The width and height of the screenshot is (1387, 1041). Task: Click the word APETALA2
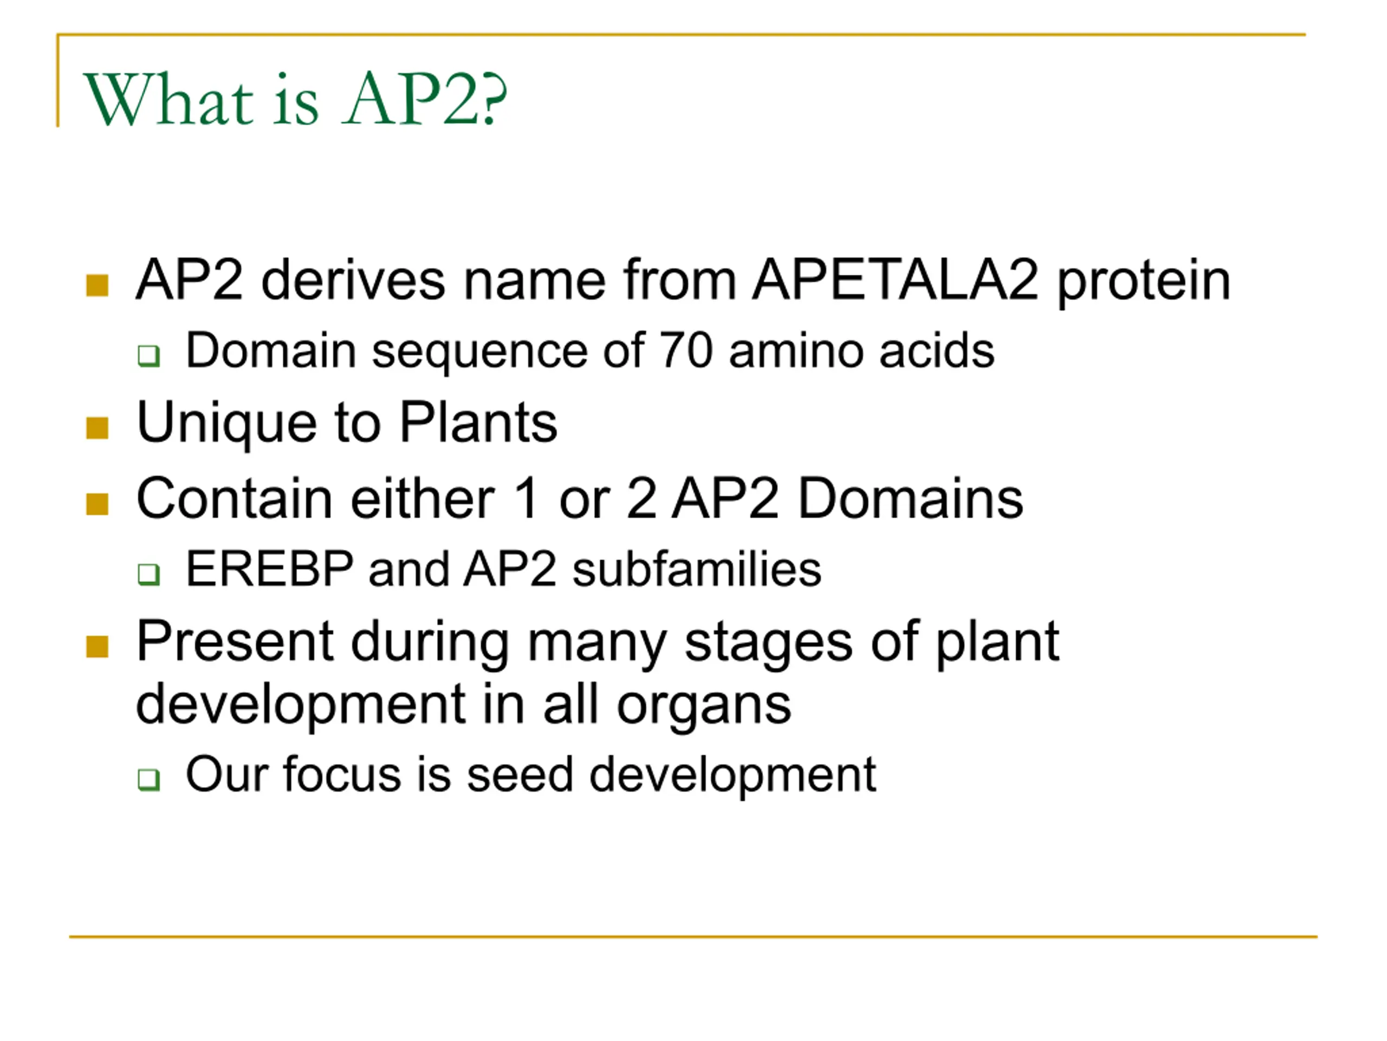point(896,280)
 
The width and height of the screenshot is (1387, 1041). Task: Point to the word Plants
point(478,422)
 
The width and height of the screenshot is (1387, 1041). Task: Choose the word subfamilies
point(697,569)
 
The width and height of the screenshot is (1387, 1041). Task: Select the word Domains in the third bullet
point(910,499)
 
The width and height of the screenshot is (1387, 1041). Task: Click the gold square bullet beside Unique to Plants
point(97,428)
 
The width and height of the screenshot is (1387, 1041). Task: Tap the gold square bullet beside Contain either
point(97,504)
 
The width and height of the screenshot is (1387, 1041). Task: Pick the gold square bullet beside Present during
point(97,646)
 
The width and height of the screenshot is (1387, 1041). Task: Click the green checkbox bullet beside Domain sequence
point(148,356)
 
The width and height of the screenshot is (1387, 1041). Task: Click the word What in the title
point(168,99)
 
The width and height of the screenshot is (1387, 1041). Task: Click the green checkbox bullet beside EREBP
point(148,574)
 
